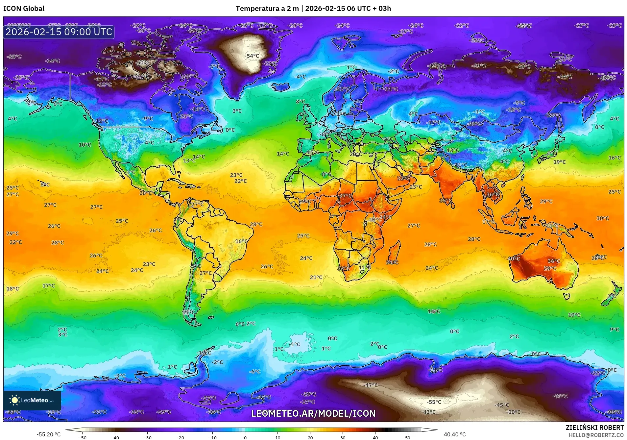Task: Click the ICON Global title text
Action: [24, 9]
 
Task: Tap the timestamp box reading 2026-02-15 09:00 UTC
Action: [59, 32]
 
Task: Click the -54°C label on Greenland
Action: [252, 56]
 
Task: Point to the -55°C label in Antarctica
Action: [434, 402]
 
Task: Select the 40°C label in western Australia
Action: [514, 258]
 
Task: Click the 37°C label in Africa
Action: [345, 196]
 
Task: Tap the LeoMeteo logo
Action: [32, 400]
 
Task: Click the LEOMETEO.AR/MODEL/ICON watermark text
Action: [313, 413]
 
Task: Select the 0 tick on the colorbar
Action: [245, 437]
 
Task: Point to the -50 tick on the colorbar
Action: [83, 437]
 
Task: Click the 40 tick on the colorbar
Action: [375, 437]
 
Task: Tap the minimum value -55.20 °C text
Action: [48, 434]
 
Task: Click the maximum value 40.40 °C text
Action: [455, 434]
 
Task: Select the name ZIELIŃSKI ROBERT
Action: [594, 428]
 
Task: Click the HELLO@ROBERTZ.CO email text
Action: [596, 435]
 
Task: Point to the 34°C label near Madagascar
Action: [392, 262]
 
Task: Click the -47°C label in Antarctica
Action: [371, 385]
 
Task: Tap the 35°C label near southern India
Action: [445, 200]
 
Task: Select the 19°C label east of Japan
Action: [559, 162]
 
